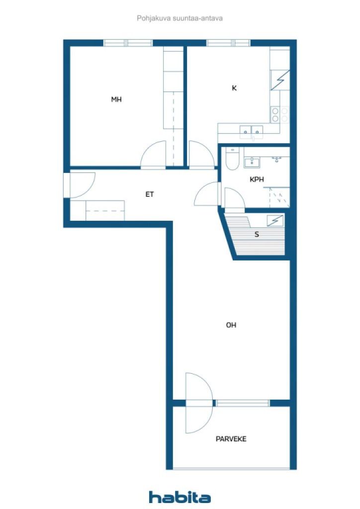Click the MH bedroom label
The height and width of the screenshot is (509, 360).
116,99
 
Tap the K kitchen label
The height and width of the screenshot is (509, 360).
234,88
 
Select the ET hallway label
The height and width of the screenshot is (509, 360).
149,194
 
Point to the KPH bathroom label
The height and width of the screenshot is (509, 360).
257,179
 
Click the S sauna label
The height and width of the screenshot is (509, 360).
257,234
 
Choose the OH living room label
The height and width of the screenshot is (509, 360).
231,325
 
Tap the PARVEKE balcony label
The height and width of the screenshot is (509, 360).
231,439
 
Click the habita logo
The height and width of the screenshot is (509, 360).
180,497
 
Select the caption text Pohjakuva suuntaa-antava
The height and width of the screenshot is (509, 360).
180,18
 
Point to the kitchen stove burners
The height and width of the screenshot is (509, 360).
280,115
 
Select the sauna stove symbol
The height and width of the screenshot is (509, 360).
274,221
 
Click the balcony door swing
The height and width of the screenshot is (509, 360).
199,403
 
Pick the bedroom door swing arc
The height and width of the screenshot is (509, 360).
153,155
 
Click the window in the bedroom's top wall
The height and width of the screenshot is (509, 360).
128,43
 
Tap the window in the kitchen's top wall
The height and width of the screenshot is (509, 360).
228,43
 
